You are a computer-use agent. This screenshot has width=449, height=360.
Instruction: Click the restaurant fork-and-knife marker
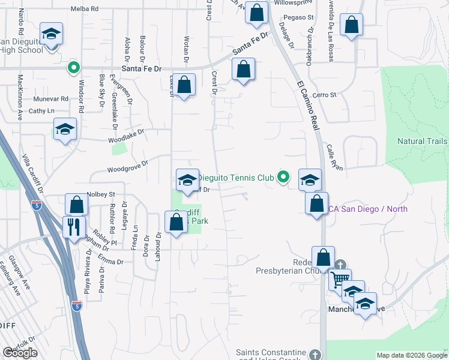(x=74, y=228)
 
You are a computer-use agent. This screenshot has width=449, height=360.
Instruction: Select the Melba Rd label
(x=84, y=9)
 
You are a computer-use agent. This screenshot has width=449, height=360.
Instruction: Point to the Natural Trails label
(x=423, y=142)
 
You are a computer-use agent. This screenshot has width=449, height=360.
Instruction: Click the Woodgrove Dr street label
(x=128, y=166)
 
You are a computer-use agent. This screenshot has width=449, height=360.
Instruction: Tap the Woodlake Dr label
(x=127, y=136)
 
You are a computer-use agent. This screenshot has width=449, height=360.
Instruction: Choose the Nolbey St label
(x=101, y=194)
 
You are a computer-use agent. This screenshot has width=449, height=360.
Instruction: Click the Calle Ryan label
(x=335, y=158)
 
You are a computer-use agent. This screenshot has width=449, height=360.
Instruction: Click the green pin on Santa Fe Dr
(x=74, y=68)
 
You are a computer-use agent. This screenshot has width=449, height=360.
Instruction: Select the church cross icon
(x=340, y=265)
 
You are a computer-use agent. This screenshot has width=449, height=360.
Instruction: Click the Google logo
(x=20, y=353)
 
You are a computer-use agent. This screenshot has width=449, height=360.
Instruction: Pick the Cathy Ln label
(x=41, y=111)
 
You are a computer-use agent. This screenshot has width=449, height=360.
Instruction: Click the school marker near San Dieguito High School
(x=52, y=34)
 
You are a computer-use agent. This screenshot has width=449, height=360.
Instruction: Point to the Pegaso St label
(x=300, y=17)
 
